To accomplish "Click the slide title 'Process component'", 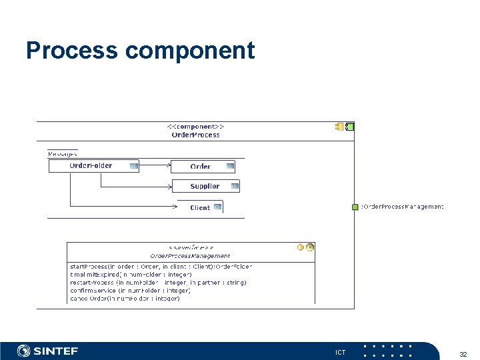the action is [x=140, y=51].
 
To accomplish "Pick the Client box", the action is [x=200, y=207].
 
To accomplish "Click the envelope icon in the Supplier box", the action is [x=233, y=186].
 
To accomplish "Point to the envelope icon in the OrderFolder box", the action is [x=134, y=165].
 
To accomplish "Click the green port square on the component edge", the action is [x=355, y=207].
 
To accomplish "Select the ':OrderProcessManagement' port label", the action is [x=402, y=207].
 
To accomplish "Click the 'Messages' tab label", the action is [x=63, y=154].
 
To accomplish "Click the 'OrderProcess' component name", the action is [x=195, y=135].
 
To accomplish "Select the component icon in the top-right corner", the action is [x=345, y=127].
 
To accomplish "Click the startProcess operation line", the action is [x=161, y=267].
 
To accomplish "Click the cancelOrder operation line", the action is [x=125, y=299].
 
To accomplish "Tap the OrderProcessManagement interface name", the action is [x=190, y=255].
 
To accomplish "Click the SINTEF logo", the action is [x=47, y=351].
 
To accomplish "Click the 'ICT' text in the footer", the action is [x=340, y=352].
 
